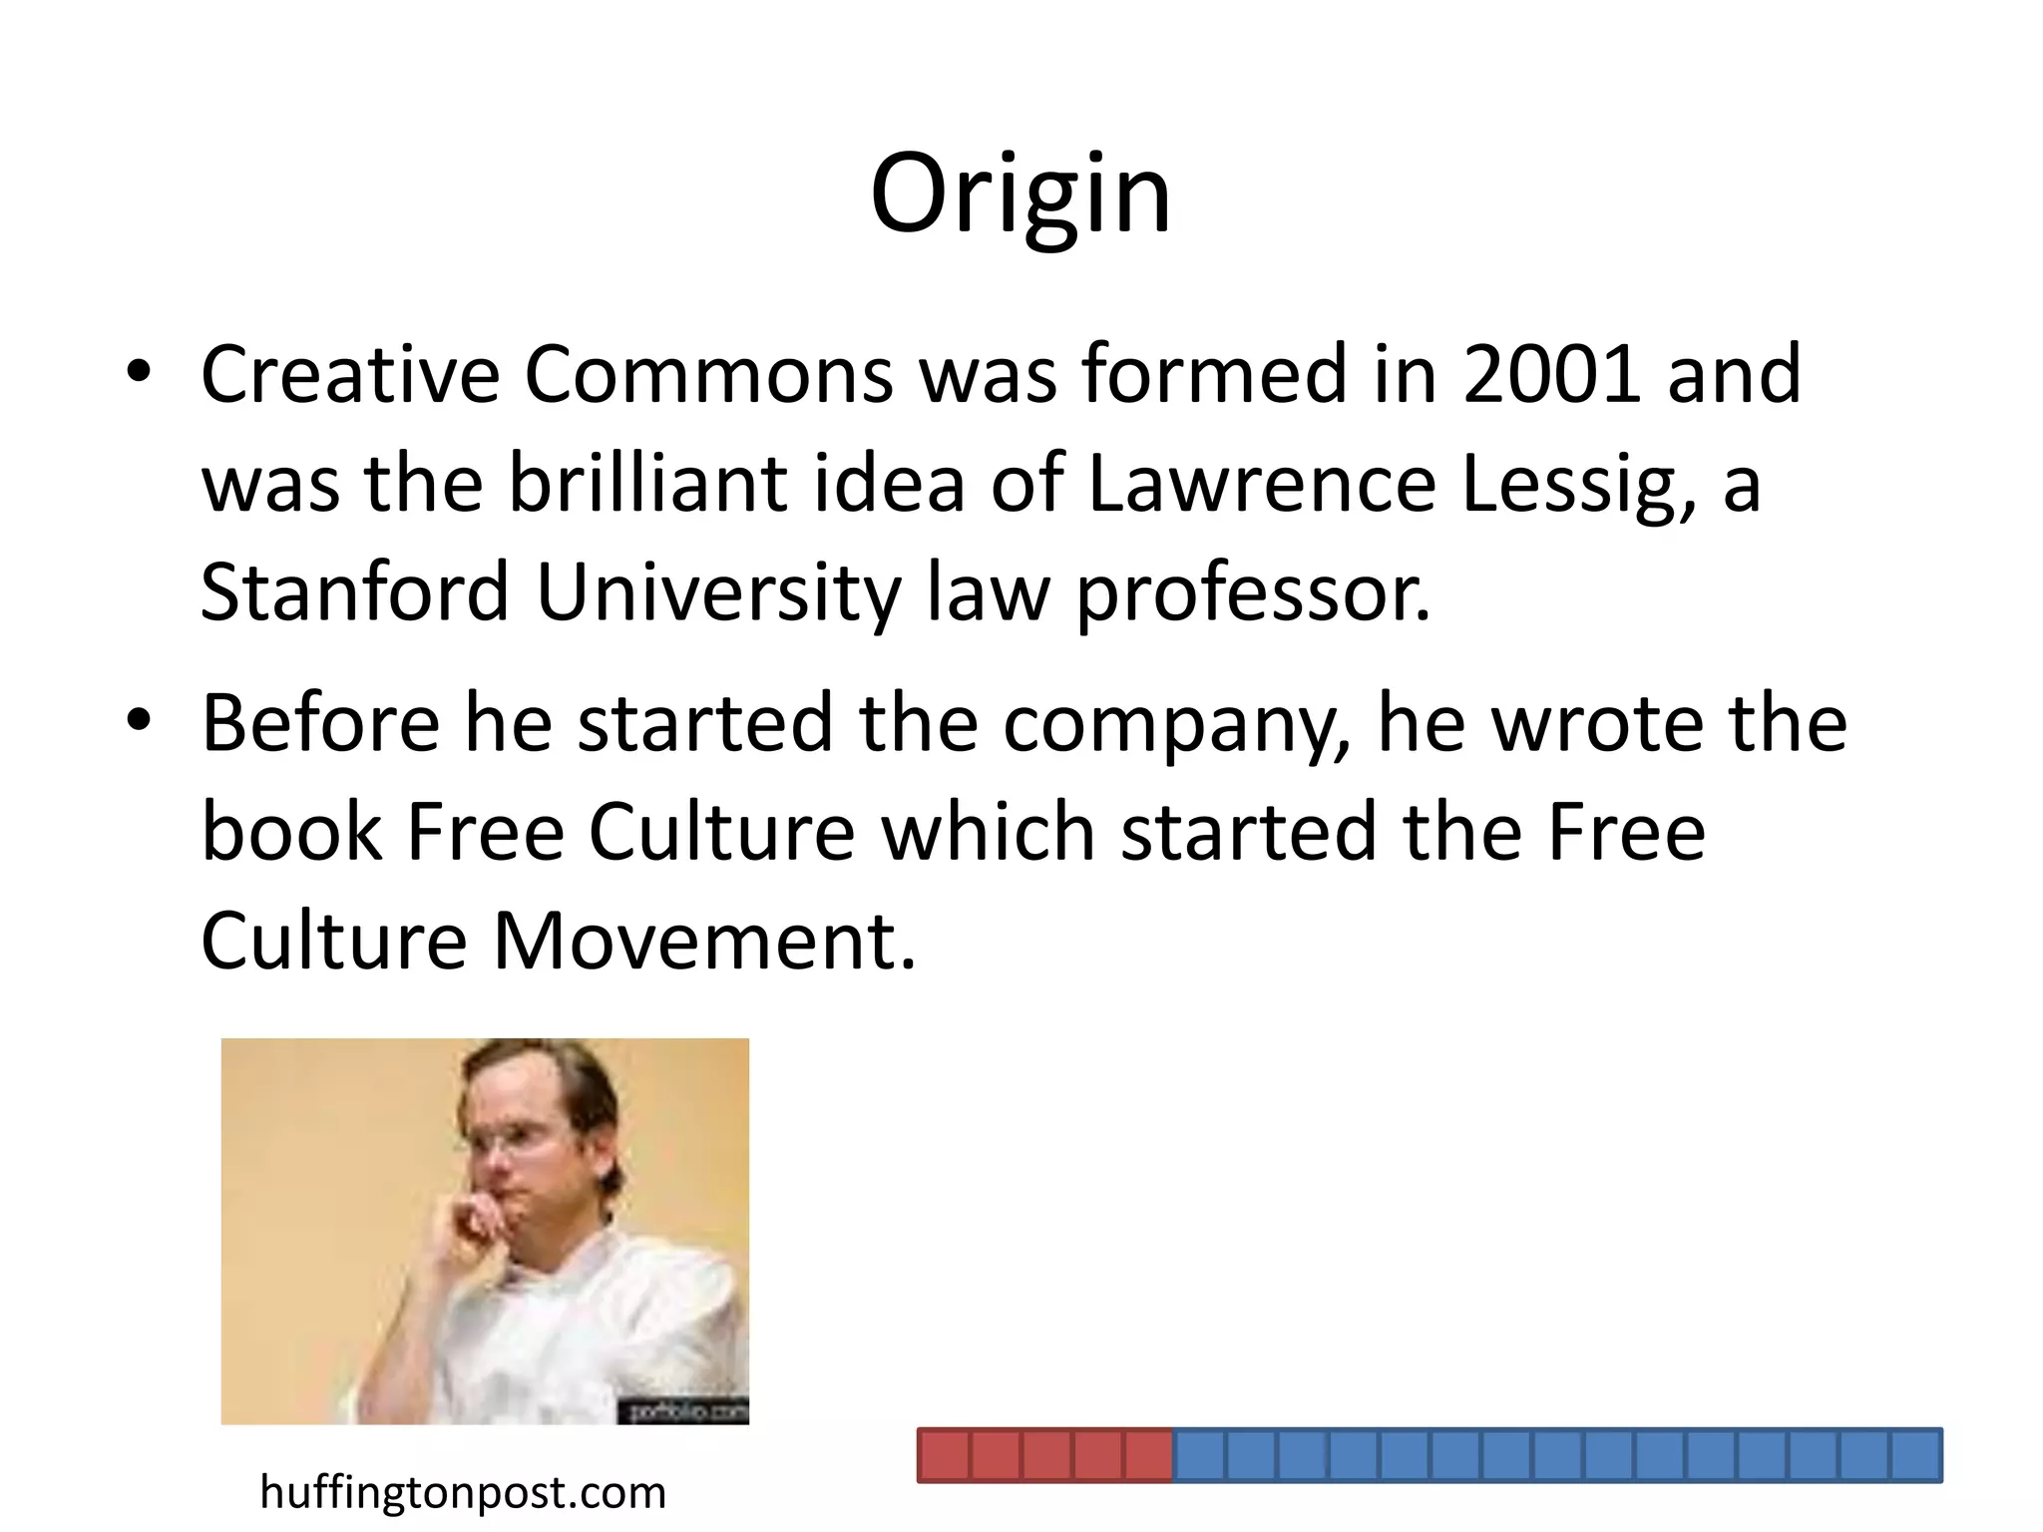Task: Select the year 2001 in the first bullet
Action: tap(1551, 374)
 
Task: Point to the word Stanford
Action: tap(355, 591)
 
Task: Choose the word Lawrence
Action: tap(1262, 484)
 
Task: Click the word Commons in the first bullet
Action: tap(708, 374)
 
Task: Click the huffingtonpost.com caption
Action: tap(462, 1493)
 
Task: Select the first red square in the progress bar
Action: tap(944, 1455)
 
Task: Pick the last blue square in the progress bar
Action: tap(1915, 1455)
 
